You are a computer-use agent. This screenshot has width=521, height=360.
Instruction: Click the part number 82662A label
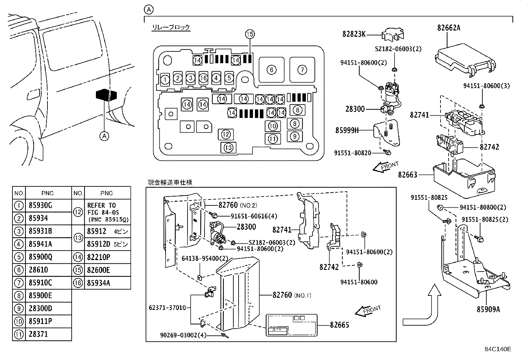point(449,28)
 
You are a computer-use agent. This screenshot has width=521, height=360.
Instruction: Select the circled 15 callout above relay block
point(250,34)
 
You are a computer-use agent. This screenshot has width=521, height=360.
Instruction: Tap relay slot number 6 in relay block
point(271,69)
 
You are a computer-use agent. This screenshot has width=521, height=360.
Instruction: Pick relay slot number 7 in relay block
point(302,69)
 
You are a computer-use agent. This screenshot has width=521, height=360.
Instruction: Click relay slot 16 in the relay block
point(204,78)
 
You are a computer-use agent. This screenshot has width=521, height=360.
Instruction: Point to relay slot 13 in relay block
point(228,148)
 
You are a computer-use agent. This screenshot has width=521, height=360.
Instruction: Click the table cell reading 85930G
point(41,205)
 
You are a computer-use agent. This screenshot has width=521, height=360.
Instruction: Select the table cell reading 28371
point(38,334)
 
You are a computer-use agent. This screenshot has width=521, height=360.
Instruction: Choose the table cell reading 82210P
point(99,257)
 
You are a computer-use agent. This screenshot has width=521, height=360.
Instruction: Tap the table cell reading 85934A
point(99,283)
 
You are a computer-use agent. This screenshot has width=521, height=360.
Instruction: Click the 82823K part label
point(354,34)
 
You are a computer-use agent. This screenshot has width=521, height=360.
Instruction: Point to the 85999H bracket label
point(347,130)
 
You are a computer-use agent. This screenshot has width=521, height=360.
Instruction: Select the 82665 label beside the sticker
point(339,325)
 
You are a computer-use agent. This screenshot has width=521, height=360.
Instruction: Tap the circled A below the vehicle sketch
point(104,136)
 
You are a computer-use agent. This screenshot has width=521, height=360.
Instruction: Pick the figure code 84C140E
point(498,349)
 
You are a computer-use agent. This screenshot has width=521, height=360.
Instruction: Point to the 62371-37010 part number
point(167,308)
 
